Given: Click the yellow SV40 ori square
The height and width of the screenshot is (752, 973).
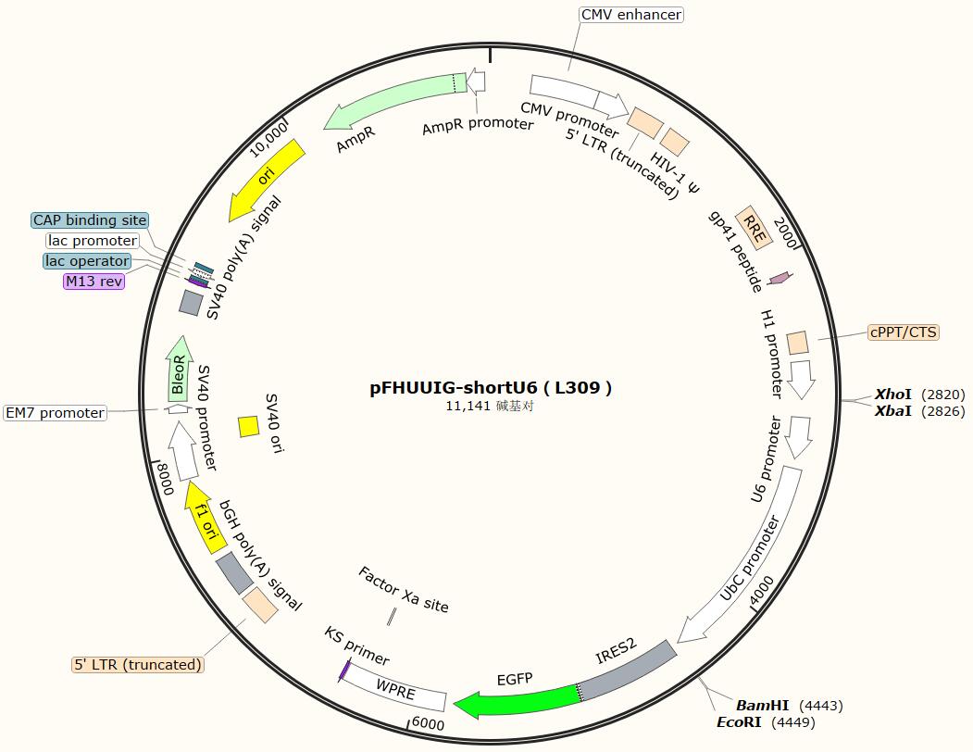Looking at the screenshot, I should click(x=248, y=426).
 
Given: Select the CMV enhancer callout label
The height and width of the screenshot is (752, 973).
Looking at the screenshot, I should click(x=631, y=15).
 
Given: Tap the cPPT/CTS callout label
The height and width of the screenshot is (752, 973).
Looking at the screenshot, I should click(x=903, y=332).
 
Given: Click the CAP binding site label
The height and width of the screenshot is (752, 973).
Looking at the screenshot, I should click(x=90, y=220).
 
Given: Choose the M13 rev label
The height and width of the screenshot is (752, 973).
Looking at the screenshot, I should click(x=94, y=282).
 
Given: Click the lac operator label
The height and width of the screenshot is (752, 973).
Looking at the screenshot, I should click(x=87, y=261).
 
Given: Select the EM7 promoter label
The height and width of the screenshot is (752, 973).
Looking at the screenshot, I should click(x=55, y=413).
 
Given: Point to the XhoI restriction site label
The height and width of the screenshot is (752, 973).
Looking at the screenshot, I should click(x=893, y=395).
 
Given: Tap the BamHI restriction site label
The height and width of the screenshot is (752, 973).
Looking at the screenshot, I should click(x=762, y=706).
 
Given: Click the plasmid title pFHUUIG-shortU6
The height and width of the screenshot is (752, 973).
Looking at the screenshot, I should click(x=491, y=388).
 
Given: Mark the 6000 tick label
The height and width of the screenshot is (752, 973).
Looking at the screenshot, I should click(x=428, y=724).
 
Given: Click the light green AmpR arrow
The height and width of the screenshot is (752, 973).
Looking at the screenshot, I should click(x=389, y=100).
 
